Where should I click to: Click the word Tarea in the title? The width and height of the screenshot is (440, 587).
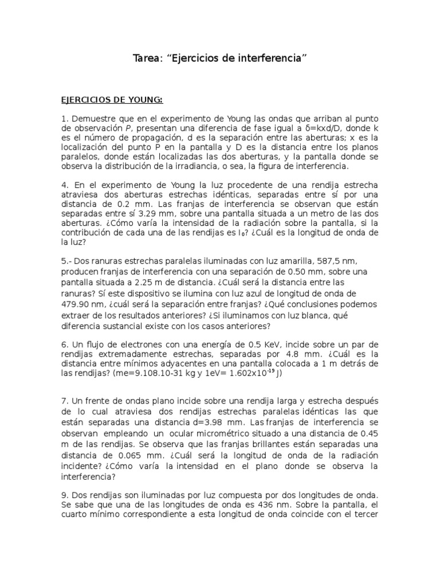pyautogui.click(x=145, y=58)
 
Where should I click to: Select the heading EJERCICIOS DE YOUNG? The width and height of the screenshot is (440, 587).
pyautogui.click(x=112, y=100)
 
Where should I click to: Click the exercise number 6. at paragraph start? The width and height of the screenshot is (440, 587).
pyautogui.click(x=65, y=345)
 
